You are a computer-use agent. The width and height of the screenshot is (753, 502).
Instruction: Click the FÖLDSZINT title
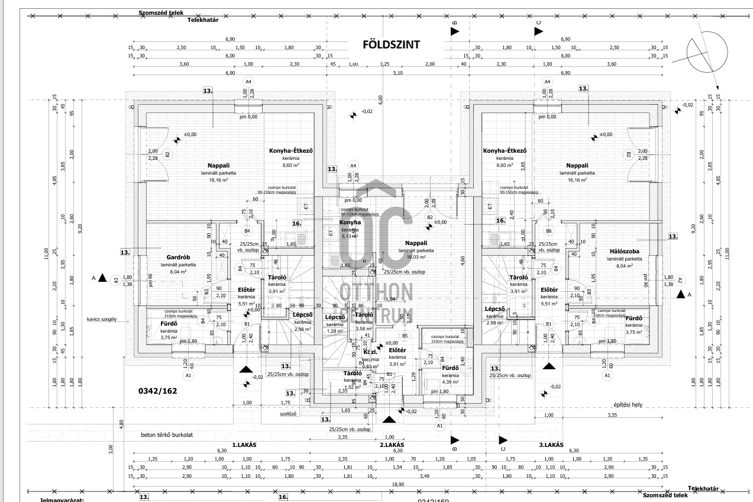tap(391, 44)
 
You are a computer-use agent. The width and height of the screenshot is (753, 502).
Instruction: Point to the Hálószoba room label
tap(625, 252)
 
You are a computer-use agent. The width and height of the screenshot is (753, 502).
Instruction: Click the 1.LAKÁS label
tap(244, 445)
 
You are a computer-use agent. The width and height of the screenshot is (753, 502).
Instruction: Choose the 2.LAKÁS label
tap(391, 445)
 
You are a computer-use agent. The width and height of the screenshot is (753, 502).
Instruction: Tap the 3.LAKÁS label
tap(551, 445)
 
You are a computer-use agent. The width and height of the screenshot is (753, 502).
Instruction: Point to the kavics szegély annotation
tap(102, 319)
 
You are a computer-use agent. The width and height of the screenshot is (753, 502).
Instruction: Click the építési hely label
tap(628, 405)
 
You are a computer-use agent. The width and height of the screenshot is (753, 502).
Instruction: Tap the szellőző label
tap(288, 414)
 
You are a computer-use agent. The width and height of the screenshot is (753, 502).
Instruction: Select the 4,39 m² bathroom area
tap(450, 382)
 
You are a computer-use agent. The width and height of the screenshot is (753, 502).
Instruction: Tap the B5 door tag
tap(405, 336)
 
